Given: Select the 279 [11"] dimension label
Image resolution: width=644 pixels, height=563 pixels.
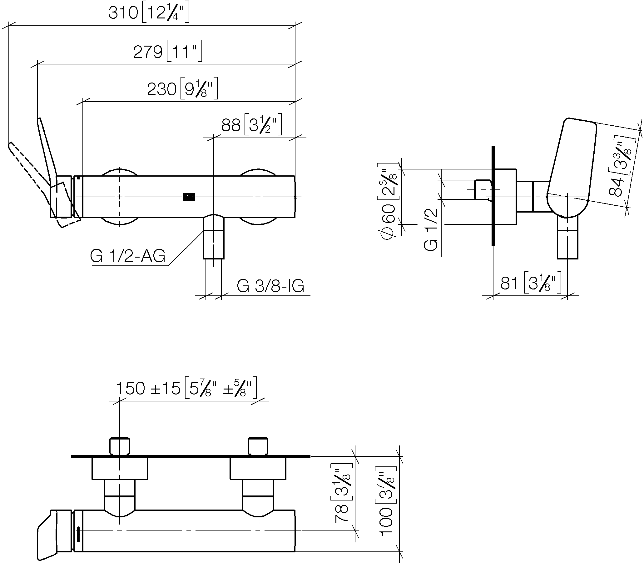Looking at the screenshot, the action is [x=168, y=51].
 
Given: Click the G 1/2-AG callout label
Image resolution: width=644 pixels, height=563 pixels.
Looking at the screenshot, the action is [x=127, y=256].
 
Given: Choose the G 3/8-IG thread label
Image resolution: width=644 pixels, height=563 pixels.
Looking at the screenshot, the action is [x=270, y=286].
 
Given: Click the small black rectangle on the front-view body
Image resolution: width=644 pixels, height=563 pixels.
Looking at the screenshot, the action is [x=189, y=197].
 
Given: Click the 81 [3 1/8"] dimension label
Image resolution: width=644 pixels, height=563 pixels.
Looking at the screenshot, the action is [x=531, y=283].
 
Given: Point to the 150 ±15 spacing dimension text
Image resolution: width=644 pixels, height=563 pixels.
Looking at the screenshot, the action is [x=186, y=388].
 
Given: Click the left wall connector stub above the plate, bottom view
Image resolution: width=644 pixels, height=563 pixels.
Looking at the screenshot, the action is [x=120, y=446].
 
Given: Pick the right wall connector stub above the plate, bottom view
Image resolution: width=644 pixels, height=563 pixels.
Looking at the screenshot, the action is [x=258, y=446].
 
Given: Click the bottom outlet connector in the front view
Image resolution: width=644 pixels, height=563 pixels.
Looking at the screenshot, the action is [x=214, y=237].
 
